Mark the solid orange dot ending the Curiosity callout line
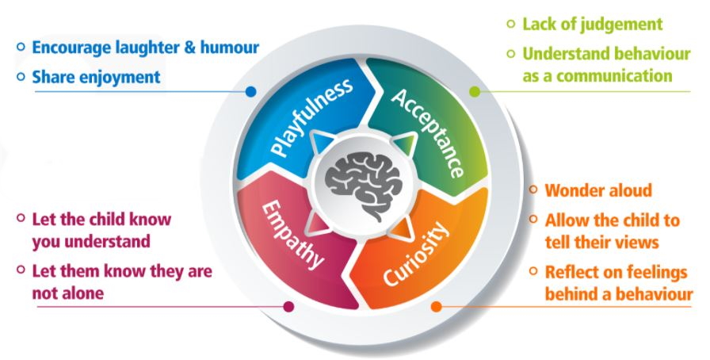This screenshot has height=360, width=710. [x=435, y=304]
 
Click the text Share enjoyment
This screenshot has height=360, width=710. [x=96, y=77]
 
